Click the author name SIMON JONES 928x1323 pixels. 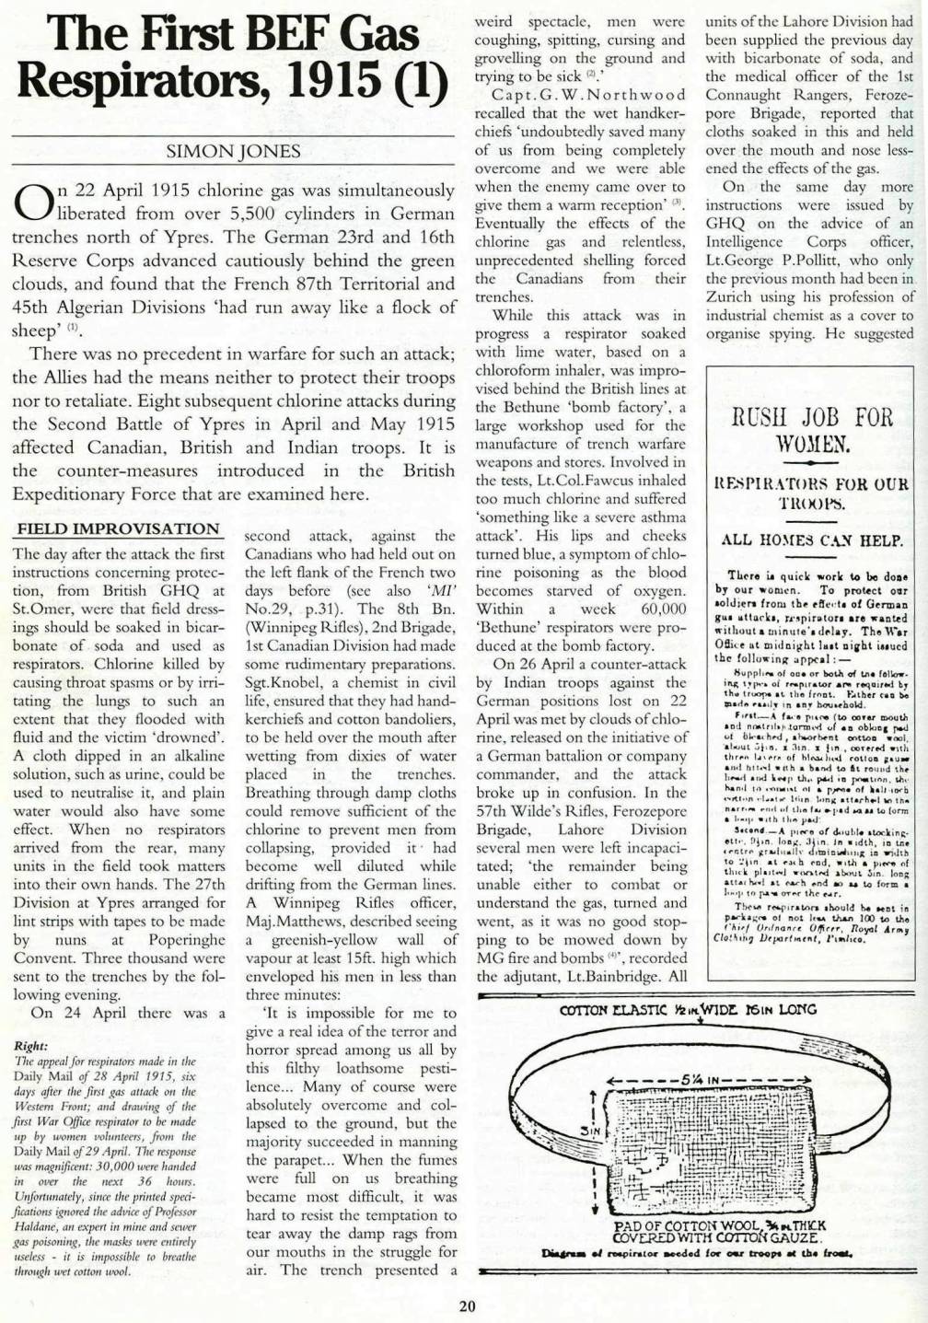tap(233, 151)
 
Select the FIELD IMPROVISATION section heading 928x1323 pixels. tap(118, 528)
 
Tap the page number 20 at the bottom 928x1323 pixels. tap(467, 1305)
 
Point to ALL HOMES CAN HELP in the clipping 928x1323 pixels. tap(811, 540)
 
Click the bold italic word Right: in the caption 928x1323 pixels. tap(31, 1046)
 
